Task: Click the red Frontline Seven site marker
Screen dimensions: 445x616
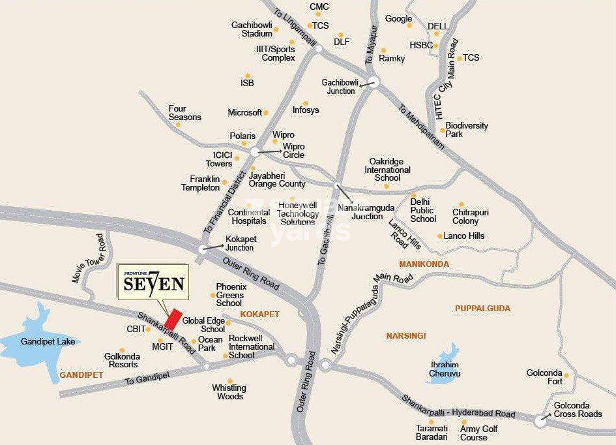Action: [173, 318]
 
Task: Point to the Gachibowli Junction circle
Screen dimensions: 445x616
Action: [373, 82]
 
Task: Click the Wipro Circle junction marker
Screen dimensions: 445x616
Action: [254, 151]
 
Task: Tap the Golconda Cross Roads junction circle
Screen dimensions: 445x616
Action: [540, 421]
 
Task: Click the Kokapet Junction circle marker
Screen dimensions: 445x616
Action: [202, 249]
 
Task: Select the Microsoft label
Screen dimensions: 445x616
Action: [244, 113]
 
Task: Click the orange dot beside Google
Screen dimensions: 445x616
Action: [409, 26]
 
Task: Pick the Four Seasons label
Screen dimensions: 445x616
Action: [184, 113]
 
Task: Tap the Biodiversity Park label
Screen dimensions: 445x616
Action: [466, 129]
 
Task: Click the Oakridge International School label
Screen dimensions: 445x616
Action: [387, 170]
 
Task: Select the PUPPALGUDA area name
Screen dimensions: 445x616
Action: [482, 308]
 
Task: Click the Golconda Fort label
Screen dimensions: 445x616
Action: [544, 377]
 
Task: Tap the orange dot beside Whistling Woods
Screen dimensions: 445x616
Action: [229, 381]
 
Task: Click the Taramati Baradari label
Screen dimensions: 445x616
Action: [432, 433]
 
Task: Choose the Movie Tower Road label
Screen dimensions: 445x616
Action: [89, 258]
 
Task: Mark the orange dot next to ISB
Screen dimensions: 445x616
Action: [247, 76]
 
